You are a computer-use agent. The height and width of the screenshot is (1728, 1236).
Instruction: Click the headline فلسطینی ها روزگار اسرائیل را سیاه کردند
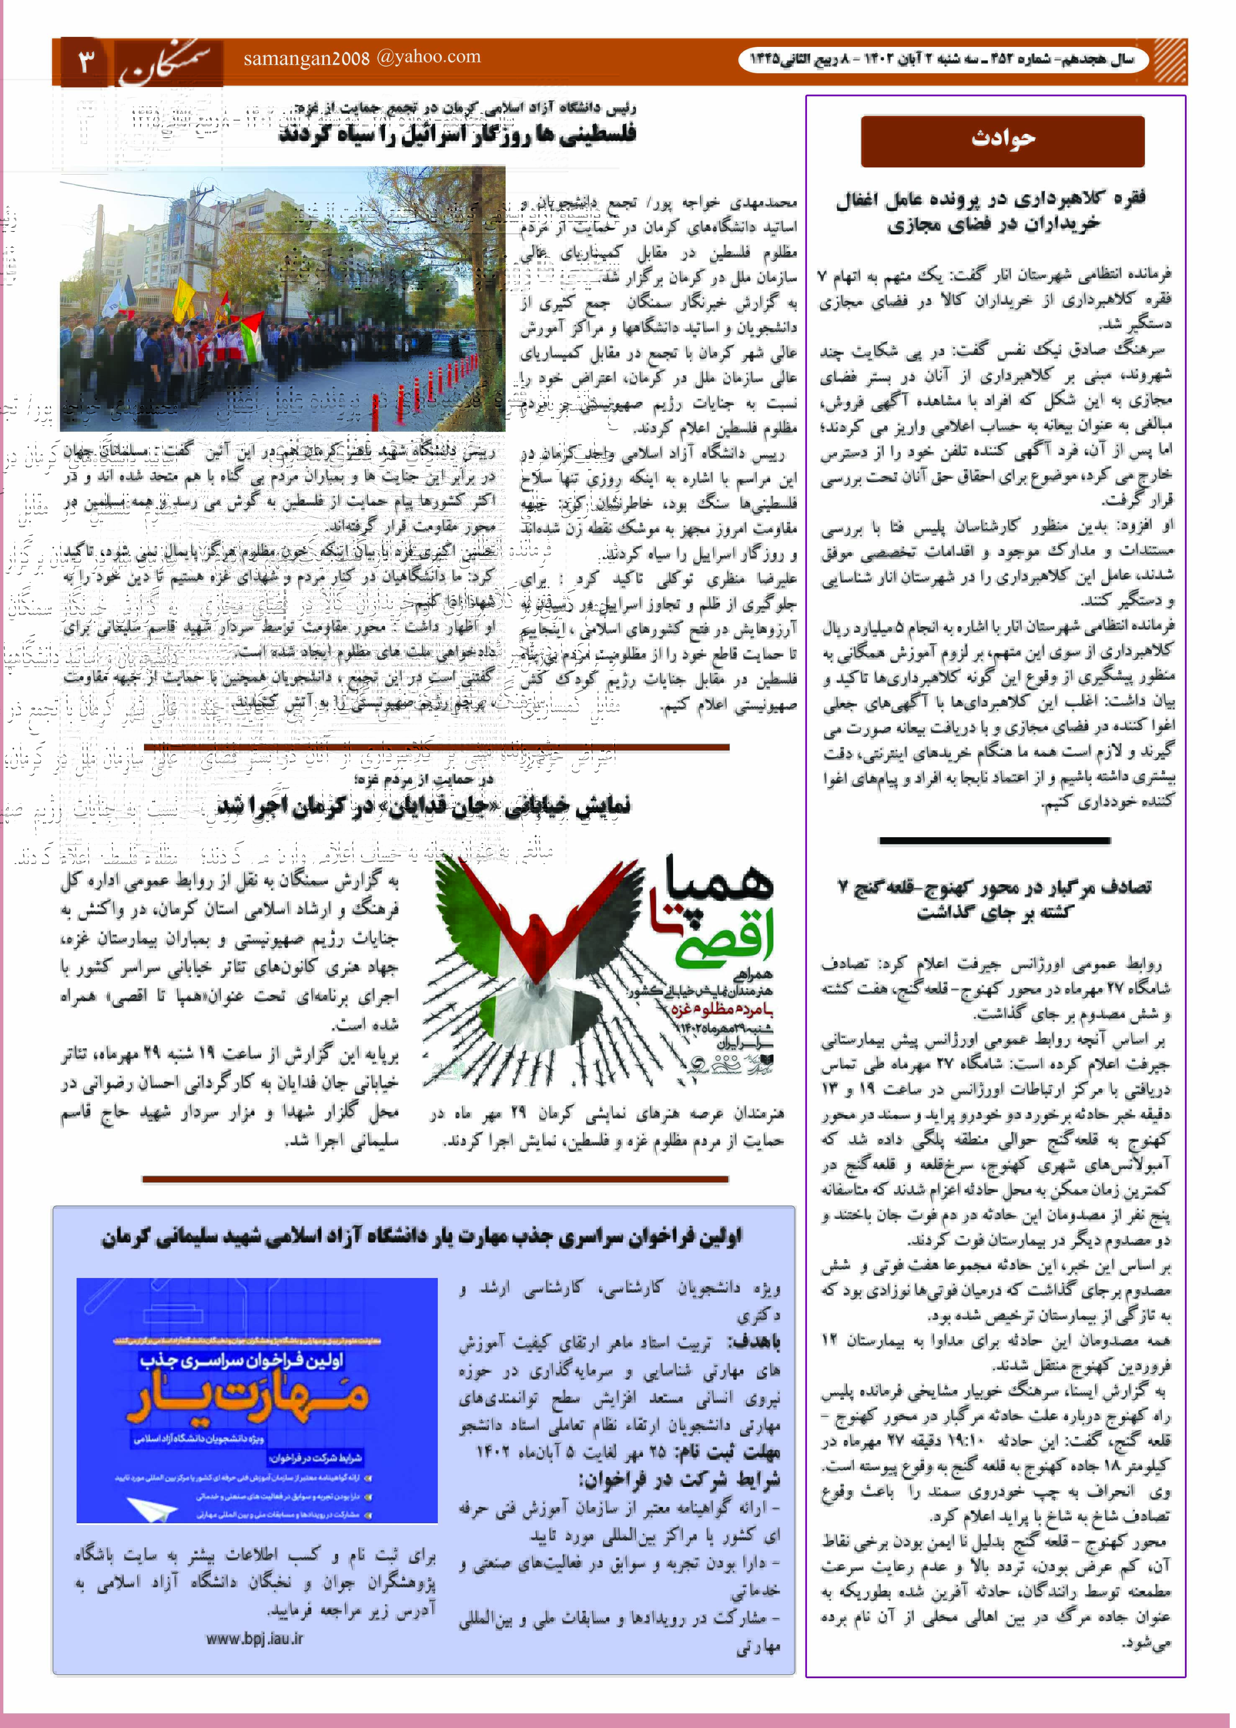(457, 134)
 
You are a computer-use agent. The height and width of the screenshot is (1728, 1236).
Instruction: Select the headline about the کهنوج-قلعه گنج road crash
(995, 898)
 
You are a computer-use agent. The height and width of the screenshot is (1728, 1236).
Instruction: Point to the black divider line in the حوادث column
(994, 841)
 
